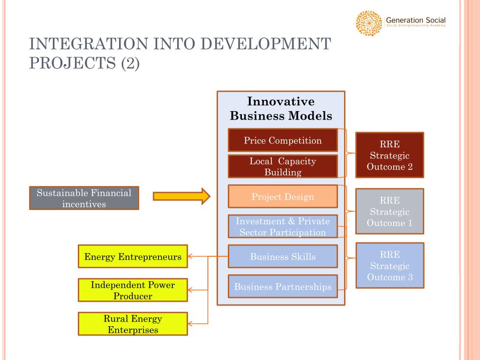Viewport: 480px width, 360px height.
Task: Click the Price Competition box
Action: pos(283,140)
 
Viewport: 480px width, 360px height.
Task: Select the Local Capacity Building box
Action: pos(283,166)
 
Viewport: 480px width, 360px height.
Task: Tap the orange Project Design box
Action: pos(283,196)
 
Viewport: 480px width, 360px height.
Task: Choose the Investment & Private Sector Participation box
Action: pos(283,226)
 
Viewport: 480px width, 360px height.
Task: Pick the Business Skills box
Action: pos(283,256)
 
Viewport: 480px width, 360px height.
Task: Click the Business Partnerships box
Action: pos(283,286)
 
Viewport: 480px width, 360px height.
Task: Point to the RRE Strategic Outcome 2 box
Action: pos(390,155)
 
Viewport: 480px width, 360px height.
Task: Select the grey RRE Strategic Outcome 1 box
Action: pos(390,211)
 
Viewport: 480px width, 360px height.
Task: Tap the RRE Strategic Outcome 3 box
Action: pos(390,266)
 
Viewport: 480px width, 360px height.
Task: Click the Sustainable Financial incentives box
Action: pos(84,198)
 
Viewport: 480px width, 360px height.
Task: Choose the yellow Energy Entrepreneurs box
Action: pos(133,256)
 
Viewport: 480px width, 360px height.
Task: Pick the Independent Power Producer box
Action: pos(133,290)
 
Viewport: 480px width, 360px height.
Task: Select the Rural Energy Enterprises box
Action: pos(133,324)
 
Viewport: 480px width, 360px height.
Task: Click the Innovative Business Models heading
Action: pos(281,109)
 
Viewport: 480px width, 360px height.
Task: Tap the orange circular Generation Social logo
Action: pos(369,23)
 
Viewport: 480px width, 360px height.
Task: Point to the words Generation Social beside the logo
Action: pos(415,21)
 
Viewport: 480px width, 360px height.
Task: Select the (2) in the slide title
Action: pos(130,63)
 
